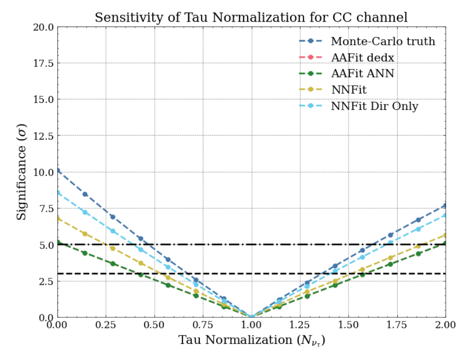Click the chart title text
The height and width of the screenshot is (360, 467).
coord(251,17)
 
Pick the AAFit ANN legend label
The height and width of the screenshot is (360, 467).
coord(362,74)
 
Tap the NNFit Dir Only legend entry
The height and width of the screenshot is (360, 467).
coord(374,106)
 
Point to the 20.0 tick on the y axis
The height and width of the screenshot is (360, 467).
coord(42,27)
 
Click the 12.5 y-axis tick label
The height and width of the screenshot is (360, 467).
coord(42,136)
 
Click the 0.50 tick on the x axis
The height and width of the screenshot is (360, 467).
coord(154,325)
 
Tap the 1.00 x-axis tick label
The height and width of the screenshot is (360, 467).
coord(252,325)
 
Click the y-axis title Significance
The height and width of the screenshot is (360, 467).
coord(22,172)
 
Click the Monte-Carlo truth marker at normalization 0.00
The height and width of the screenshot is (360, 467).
coord(58,171)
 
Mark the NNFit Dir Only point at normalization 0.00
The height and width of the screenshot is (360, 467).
coord(58,193)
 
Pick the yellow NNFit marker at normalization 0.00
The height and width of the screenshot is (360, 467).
coord(58,218)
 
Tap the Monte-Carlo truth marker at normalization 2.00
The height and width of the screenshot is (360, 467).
coord(445,205)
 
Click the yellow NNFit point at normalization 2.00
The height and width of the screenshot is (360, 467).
coord(445,235)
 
